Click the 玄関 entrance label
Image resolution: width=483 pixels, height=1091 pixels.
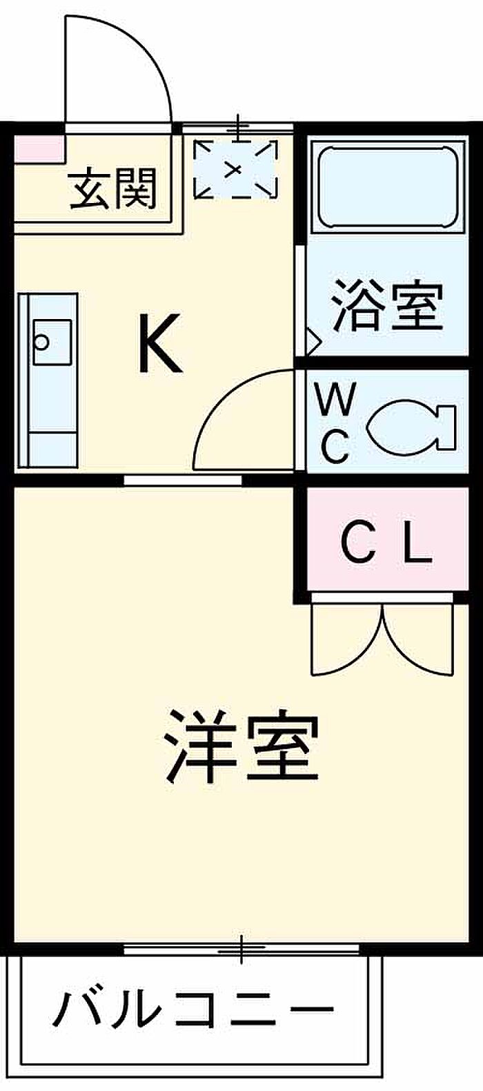point(112,189)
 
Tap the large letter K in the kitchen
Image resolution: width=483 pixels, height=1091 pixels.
point(159,343)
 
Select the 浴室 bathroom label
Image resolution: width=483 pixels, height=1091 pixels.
point(388,307)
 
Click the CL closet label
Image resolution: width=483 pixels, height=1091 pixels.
point(386,541)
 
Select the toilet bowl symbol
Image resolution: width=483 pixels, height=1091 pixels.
point(410,427)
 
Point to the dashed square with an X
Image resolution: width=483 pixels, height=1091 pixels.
point(236,169)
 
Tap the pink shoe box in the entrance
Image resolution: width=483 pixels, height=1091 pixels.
point(39,148)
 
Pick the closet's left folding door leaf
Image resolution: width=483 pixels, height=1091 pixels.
point(348,639)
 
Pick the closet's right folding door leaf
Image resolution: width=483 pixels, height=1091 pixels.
point(420,639)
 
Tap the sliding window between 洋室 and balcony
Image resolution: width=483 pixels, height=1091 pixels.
point(241,949)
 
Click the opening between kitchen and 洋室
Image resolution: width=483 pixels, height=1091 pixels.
point(183,481)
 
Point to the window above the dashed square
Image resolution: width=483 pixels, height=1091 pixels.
point(237,128)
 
